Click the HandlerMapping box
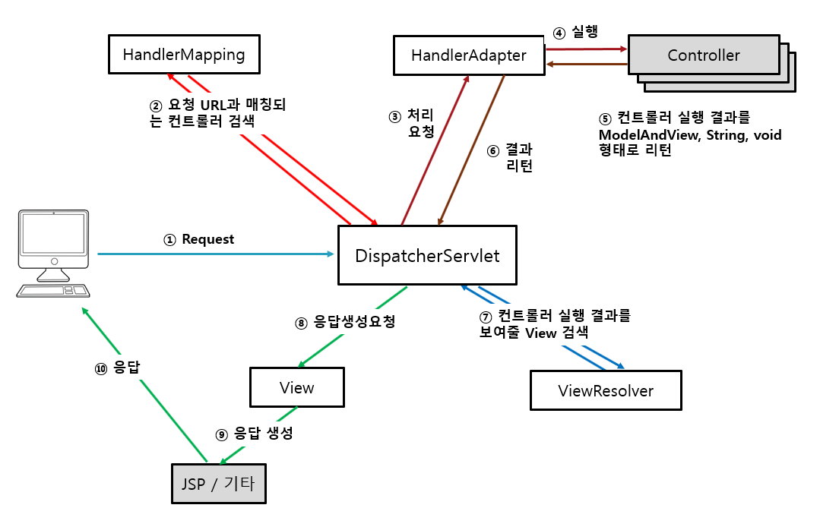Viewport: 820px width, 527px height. [184, 55]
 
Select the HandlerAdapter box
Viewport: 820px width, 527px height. [469, 55]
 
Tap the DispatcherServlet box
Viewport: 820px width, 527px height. [427, 255]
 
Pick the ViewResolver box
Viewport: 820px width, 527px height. [605, 391]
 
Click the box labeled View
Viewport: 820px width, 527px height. [296, 388]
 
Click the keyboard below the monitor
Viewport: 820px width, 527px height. [53, 291]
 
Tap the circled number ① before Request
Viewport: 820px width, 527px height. [169, 239]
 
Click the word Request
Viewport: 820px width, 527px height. [207, 239]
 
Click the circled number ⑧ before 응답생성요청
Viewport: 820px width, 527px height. [302, 322]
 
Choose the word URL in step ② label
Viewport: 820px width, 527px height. [223, 105]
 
